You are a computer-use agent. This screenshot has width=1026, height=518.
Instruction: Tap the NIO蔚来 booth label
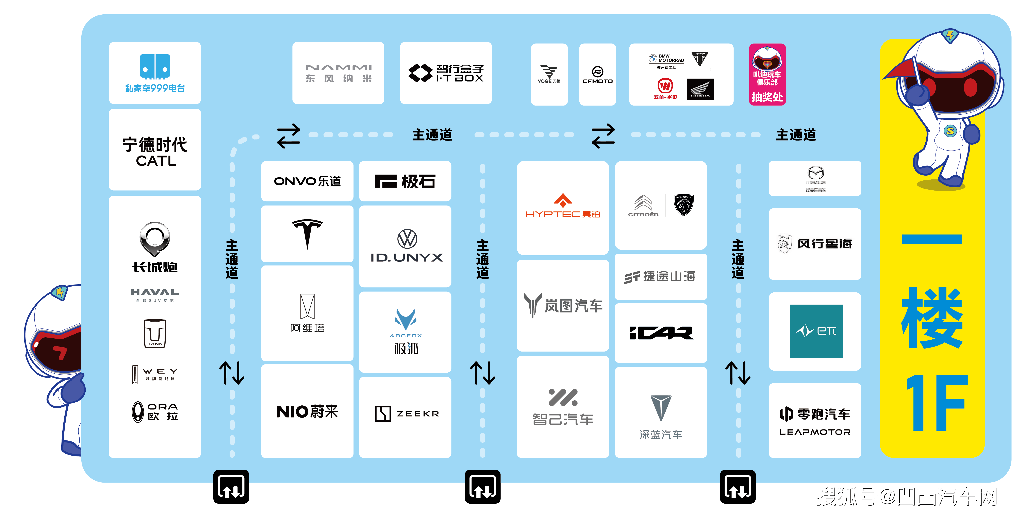(307, 411)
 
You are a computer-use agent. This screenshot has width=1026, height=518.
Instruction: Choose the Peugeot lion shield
(683, 205)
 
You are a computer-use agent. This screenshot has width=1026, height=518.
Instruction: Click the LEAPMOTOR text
(815, 432)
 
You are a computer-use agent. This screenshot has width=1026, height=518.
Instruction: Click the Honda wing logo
(700, 89)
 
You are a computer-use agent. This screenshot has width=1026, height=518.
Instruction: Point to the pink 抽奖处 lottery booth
(767, 75)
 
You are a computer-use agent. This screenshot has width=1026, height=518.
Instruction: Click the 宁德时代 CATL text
(155, 151)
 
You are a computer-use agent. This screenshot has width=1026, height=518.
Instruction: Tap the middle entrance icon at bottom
(482, 487)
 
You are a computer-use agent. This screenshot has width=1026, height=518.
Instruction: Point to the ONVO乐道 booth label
(307, 181)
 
